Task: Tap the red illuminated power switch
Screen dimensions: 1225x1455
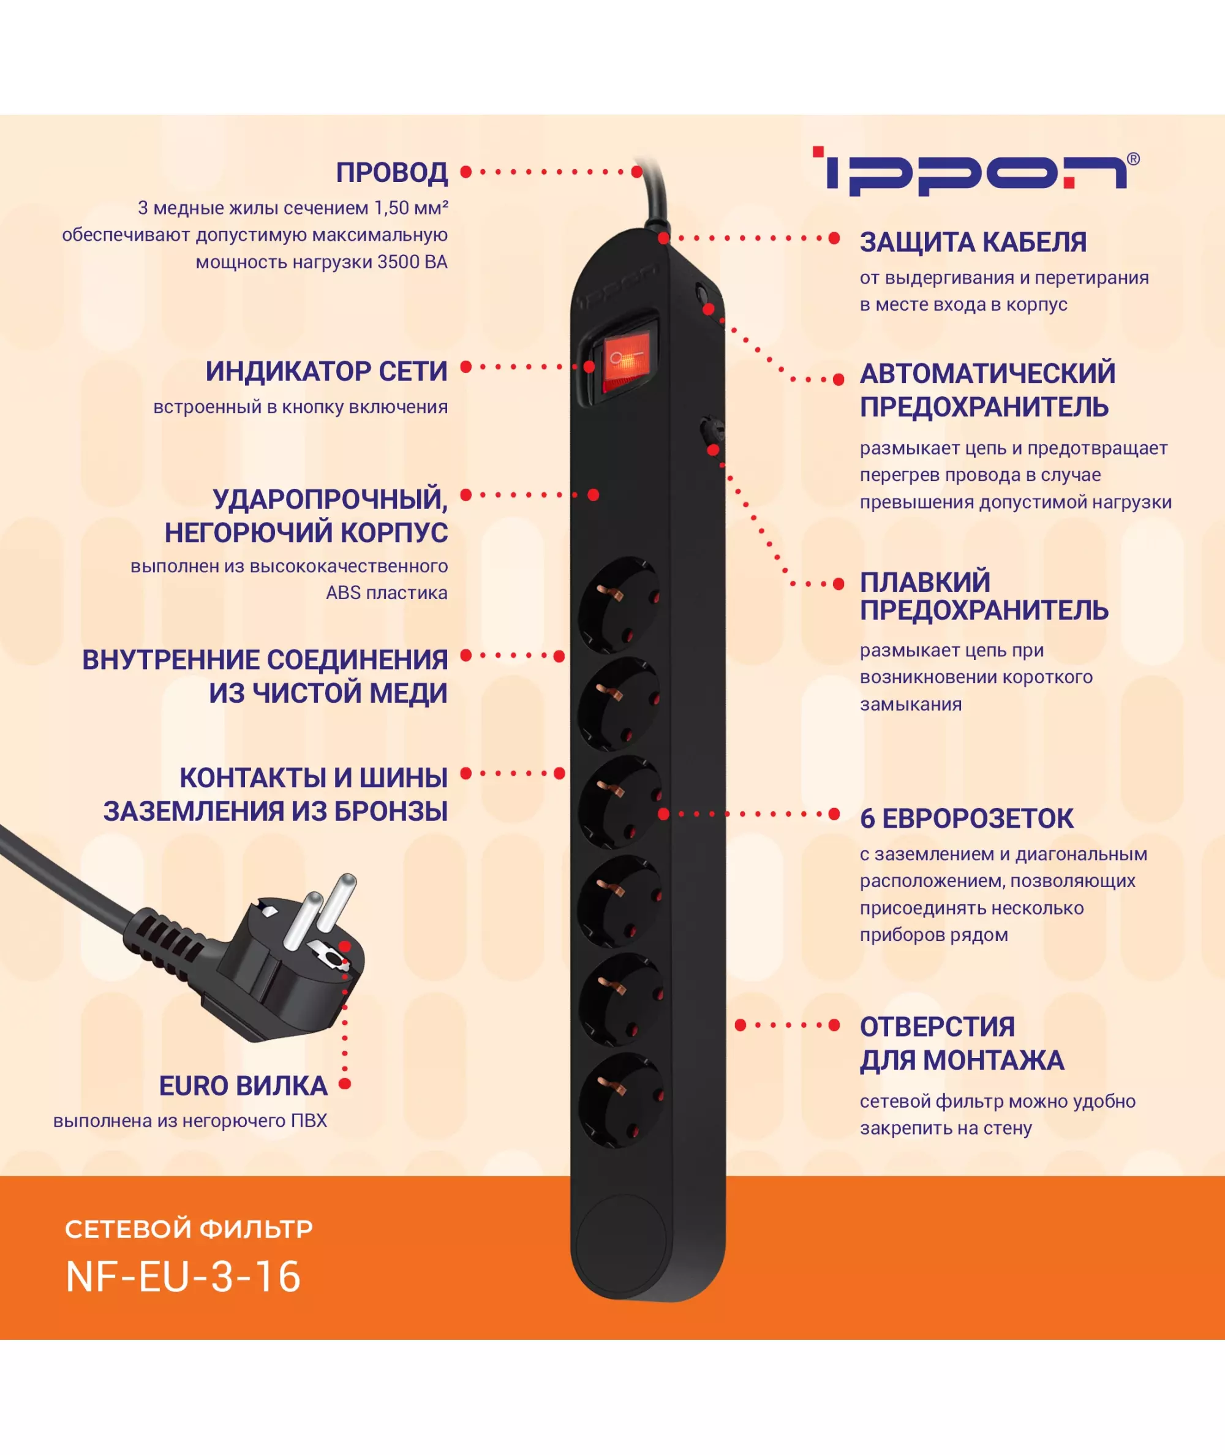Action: click(x=625, y=362)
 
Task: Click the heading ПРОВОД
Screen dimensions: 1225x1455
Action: click(x=391, y=172)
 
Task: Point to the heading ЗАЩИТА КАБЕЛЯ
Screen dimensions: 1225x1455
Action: click(x=973, y=243)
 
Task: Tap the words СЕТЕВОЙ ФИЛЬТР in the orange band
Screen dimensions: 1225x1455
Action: click(x=189, y=1228)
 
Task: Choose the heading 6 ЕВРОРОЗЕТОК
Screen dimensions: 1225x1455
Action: click(x=967, y=818)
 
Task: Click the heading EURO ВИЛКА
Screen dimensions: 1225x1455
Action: click(x=243, y=1086)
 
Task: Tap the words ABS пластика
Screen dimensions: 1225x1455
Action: click(x=387, y=592)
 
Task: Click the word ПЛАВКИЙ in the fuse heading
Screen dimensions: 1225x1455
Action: click(x=925, y=582)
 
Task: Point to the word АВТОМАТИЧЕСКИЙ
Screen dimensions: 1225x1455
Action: click(x=987, y=374)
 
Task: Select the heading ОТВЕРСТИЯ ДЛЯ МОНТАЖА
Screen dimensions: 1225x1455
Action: click(x=962, y=1043)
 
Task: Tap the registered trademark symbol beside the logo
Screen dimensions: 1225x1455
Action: click(x=1133, y=159)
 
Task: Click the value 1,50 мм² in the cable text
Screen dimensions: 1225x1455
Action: click(x=411, y=208)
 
